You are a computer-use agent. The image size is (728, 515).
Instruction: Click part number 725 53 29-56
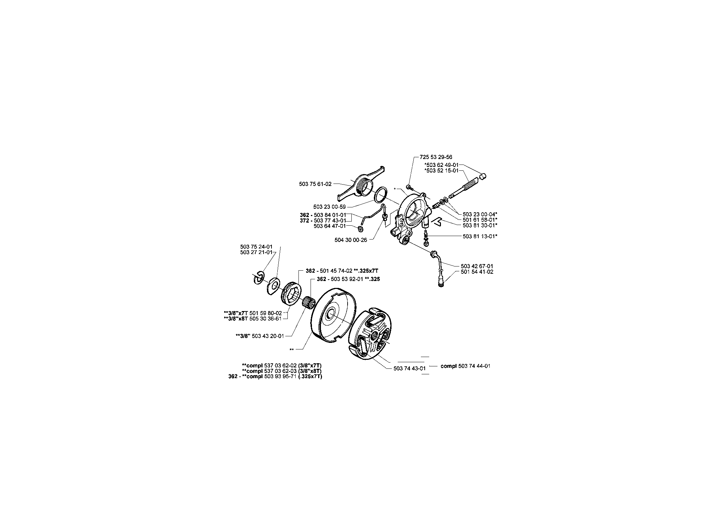point(436,157)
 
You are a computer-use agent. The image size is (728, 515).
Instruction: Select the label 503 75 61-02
point(315,184)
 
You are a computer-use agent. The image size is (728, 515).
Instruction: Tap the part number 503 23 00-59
point(330,207)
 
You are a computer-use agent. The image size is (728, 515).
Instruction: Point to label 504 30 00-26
point(351,240)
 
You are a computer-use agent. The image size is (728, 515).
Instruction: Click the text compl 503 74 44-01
point(465,366)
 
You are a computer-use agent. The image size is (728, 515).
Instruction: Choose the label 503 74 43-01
point(409,368)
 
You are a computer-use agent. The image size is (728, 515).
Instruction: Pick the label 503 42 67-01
point(477,266)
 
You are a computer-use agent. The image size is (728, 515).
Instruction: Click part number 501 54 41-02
point(477,272)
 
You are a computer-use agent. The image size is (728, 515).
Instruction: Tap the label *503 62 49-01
point(441,165)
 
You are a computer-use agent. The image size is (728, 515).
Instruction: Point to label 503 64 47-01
point(330,226)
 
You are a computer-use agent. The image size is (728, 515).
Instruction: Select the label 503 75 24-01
point(256,247)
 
